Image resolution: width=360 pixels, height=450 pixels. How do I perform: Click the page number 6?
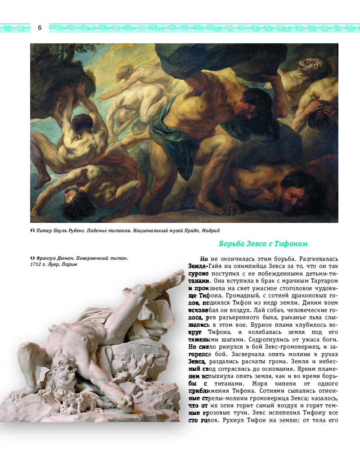(40, 28)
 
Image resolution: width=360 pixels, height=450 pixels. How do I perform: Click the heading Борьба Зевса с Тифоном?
(263, 244)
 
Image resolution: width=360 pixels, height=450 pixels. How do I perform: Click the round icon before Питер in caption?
(32, 230)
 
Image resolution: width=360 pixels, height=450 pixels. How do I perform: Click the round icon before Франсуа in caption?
(32, 258)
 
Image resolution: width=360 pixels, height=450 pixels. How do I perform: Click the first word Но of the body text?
(204, 259)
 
